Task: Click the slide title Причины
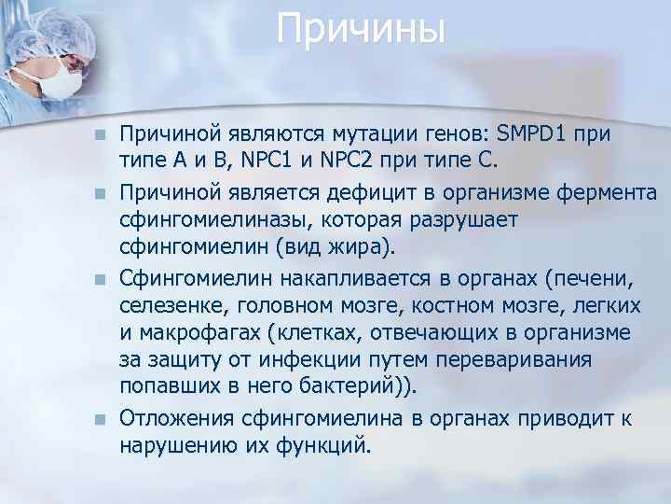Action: pyautogui.click(x=362, y=30)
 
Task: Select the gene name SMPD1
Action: pyautogui.click(x=530, y=134)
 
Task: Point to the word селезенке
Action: pyautogui.click(x=171, y=307)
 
